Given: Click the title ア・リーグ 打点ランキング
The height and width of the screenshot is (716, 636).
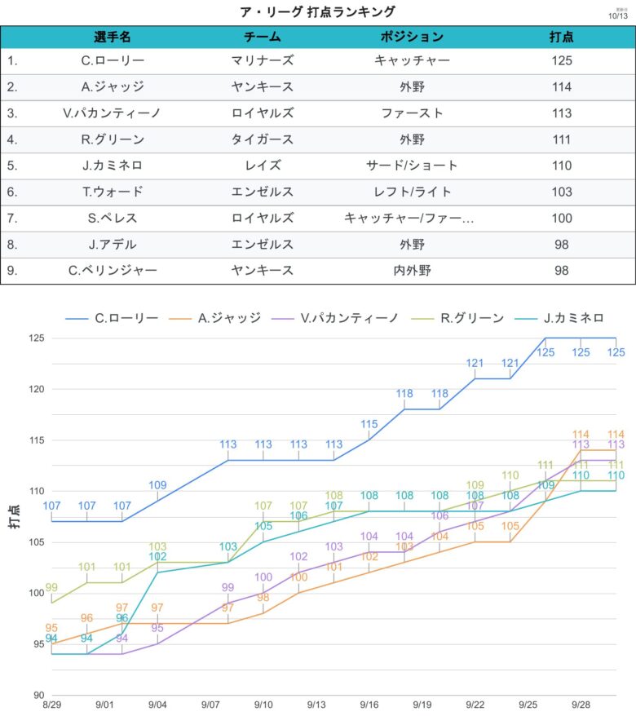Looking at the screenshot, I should (318, 11).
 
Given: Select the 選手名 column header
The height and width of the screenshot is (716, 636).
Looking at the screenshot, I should (113, 37).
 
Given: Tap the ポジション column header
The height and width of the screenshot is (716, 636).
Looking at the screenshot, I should (412, 37).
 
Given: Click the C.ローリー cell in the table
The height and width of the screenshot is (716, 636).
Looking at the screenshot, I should (113, 60).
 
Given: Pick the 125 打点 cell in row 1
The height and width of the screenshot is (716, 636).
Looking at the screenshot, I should (561, 60).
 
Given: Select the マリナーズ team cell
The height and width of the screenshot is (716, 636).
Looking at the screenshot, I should (263, 60).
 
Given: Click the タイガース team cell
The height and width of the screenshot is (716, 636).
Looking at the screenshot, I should (263, 139).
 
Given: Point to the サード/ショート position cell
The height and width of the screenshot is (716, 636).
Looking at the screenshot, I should (412, 166).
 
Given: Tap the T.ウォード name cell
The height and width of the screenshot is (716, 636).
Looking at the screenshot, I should (113, 192).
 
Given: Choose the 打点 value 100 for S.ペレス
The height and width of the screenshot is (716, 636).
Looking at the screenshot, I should (561, 218).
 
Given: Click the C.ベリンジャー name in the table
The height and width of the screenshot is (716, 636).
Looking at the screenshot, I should (113, 271).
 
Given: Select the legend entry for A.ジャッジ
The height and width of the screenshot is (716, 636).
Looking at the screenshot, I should (227, 318).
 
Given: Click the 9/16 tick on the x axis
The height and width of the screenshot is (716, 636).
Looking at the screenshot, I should (369, 704).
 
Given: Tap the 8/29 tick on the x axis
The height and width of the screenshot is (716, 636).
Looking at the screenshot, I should (52, 704).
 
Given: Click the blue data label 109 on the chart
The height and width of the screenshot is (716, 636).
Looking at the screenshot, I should (157, 485).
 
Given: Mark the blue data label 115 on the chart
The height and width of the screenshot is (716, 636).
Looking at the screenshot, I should (369, 424).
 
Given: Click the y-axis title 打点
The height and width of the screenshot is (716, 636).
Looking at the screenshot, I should (15, 516).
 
